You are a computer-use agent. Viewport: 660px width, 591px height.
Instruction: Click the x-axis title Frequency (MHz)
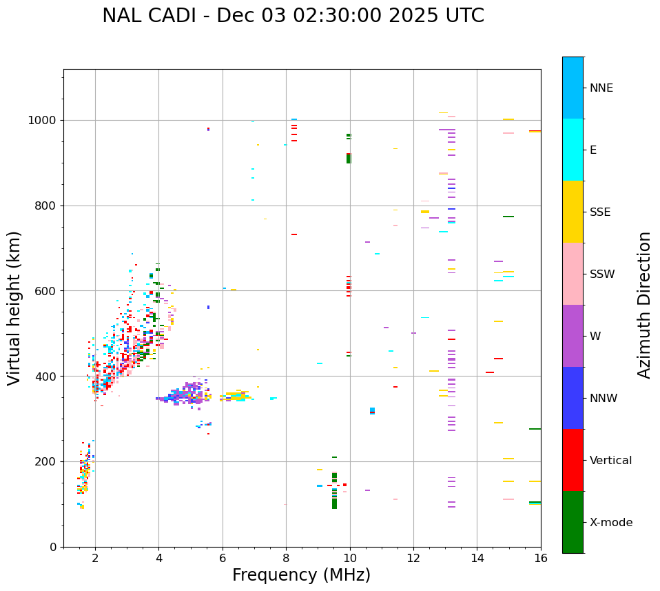pos(301,575)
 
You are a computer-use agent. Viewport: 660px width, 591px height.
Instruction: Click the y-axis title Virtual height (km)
pos(14,308)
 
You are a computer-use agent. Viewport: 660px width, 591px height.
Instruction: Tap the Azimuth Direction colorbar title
pos(644,305)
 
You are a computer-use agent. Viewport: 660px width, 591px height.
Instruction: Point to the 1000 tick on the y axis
pos(45,120)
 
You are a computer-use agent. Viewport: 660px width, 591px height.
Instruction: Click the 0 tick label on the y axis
pos(52,547)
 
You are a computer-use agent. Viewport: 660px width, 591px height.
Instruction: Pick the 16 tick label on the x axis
pos(541,558)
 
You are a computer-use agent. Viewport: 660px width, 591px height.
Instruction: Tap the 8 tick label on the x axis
pos(286,558)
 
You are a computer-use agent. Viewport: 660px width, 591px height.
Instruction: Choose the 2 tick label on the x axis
pos(95,558)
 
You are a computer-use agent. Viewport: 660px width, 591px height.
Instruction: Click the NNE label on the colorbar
pos(601,88)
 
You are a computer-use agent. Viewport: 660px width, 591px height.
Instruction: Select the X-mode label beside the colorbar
pos(611,523)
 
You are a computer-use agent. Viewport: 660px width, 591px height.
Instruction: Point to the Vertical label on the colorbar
pos(610,461)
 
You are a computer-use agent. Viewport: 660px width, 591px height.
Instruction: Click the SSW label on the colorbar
pos(602,274)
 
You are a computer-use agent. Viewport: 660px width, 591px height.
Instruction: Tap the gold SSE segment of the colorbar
pos(573,212)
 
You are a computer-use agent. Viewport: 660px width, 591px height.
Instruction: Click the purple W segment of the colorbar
pos(573,336)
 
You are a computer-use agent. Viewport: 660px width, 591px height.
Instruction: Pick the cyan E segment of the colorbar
pos(573,150)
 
